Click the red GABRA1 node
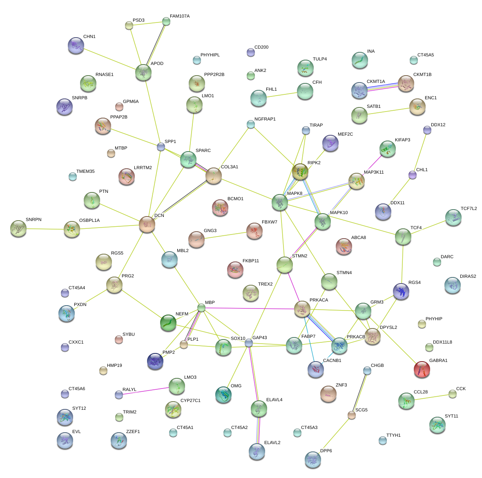pyautogui.click(x=422, y=369)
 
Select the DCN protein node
pyautogui.click(x=147, y=224)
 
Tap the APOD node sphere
pyautogui.click(x=143, y=72)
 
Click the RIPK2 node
pyautogui.click(x=300, y=172)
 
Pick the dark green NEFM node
pyautogui.click(x=168, y=323)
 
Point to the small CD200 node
pyautogui.click(x=251, y=52)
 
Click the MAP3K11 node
pyautogui.click(x=357, y=181)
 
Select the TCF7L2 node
pyautogui.click(x=453, y=217)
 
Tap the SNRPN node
pyautogui.click(x=18, y=228)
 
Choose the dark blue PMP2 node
pyautogui.click(x=155, y=361)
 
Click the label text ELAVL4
pyautogui.click(x=274, y=400)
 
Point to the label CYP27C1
pyautogui.click(x=190, y=401)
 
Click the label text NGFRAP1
pyautogui.click(x=265, y=119)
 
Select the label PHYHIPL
pyautogui.click(x=210, y=55)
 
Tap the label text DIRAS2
pyautogui.click(x=468, y=276)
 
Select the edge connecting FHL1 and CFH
pyautogui.click(x=282, y=95)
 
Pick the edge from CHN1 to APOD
pyautogui.click(x=109, y=59)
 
